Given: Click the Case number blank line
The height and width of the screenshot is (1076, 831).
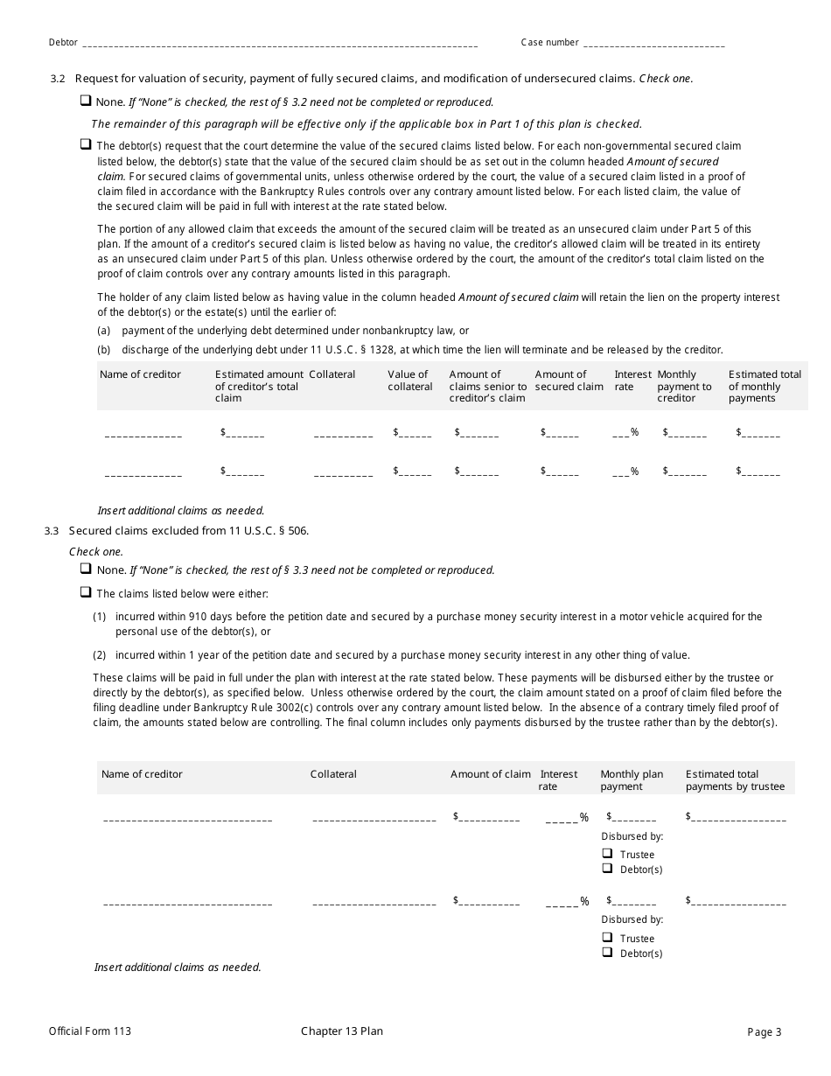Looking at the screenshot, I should point(653,44).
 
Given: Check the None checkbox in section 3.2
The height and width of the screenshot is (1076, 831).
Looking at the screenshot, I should point(86,101).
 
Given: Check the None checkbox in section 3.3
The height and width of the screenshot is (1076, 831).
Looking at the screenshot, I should point(86,569).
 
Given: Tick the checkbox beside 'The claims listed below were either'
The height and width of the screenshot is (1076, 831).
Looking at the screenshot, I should point(86,592).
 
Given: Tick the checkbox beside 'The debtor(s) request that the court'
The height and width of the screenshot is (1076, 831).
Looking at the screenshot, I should point(86,144).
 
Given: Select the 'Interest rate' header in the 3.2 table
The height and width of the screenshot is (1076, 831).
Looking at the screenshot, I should point(632,381).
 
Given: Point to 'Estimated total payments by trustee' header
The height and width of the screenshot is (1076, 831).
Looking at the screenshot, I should point(735,780).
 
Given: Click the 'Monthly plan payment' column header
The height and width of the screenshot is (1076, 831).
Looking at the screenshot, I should point(632,780).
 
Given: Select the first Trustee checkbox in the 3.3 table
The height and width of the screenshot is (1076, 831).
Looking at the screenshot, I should point(607,854).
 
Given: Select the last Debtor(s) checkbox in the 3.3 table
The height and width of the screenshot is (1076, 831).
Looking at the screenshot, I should point(607,953).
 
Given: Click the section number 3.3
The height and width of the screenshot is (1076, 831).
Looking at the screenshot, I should point(51,531).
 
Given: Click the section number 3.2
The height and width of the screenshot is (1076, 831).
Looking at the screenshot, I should point(58,79).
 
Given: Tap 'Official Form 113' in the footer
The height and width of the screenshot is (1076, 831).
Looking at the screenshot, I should point(90,1032).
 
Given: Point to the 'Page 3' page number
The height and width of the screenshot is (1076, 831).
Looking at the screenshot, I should point(764,1032).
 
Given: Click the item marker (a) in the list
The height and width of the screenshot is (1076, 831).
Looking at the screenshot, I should point(103,331).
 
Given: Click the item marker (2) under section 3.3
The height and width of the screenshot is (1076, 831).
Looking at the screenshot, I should point(100,655).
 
